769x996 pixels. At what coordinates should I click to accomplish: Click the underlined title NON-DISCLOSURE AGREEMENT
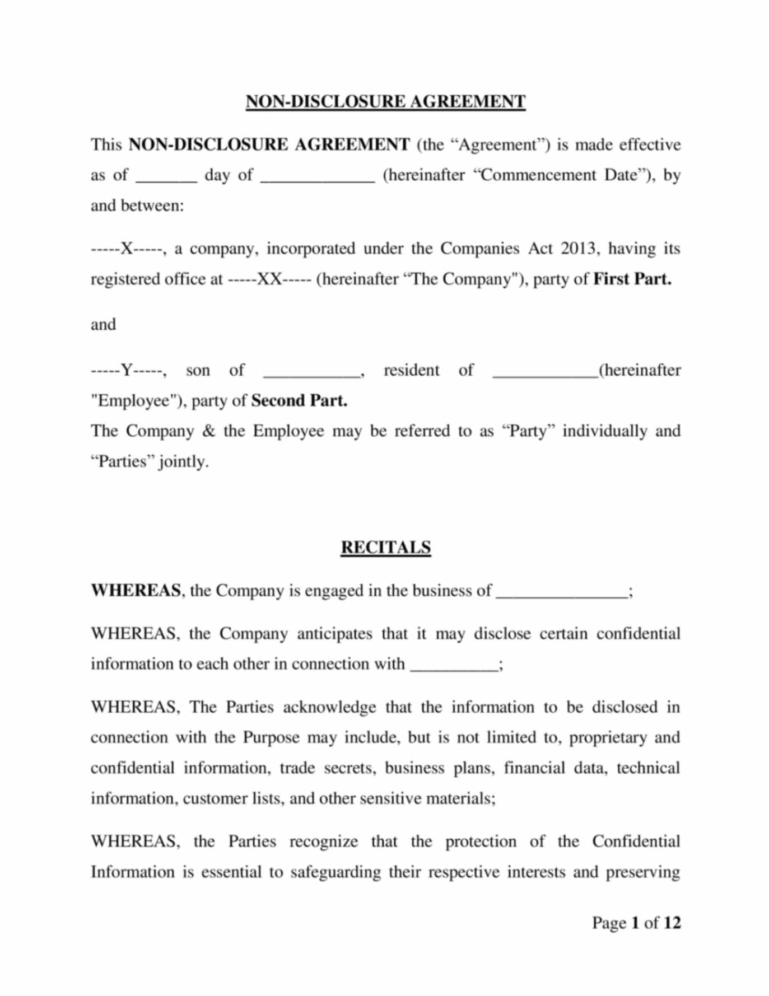pyautogui.click(x=385, y=102)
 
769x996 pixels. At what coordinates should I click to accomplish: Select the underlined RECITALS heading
pyautogui.click(x=385, y=548)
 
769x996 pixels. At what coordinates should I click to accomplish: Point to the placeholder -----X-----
pyautogui.click(x=127, y=249)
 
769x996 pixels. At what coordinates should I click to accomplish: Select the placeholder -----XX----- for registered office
pyautogui.click(x=269, y=279)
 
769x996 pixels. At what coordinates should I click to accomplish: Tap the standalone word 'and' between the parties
pyautogui.click(x=103, y=325)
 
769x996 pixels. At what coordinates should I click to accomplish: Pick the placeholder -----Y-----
pyautogui.click(x=127, y=371)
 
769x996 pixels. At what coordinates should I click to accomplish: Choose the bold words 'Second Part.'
pyautogui.click(x=299, y=401)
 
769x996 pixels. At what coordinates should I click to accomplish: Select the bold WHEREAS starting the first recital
pyautogui.click(x=136, y=591)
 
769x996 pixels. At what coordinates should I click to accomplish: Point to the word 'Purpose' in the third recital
pyautogui.click(x=271, y=737)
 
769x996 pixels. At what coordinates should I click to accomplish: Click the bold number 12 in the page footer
pyautogui.click(x=672, y=923)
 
